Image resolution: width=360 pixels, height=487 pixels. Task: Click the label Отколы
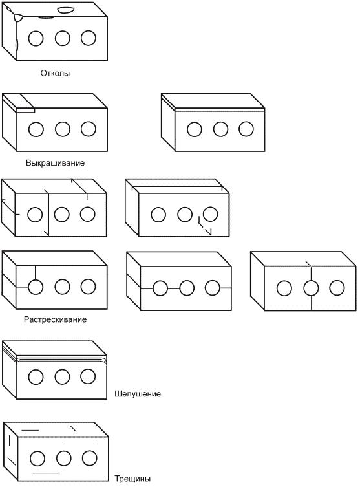click(55, 73)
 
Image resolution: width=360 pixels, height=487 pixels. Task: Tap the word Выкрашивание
click(55, 163)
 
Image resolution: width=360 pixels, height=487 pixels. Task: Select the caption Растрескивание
click(55, 319)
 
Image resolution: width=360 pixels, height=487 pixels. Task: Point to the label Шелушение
click(138, 394)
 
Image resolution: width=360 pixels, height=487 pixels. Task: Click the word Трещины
click(132, 479)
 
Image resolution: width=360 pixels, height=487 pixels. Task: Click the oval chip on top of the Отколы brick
click(66, 10)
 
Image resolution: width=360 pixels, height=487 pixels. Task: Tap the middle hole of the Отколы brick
click(63, 38)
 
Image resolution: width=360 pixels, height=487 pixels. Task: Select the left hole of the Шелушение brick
click(36, 377)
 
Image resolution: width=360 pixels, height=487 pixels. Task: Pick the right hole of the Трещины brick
click(90, 458)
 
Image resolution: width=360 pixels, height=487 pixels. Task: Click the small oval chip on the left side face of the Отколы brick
click(17, 45)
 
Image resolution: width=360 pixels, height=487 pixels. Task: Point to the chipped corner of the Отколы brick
click(16, 16)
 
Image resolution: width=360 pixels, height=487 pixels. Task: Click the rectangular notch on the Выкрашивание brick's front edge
click(25, 110)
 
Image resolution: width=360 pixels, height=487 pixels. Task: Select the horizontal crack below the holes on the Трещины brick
click(45, 473)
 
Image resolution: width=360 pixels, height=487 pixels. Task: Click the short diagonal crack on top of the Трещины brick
click(74, 429)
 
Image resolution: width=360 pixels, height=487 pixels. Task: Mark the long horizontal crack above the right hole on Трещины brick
click(81, 442)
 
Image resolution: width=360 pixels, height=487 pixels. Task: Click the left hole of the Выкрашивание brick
click(36, 129)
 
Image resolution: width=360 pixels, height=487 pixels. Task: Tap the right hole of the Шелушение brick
click(88, 376)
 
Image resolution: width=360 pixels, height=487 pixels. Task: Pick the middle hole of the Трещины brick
click(63, 458)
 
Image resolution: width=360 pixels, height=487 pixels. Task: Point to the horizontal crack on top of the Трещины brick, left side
click(30, 430)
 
